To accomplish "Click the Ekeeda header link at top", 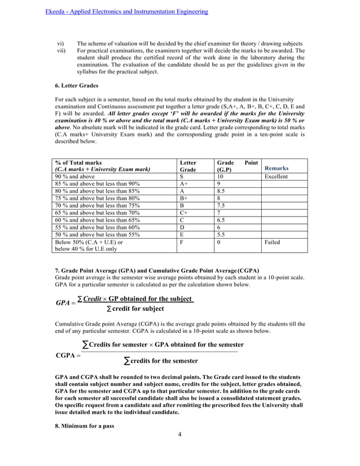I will tap(126, 11).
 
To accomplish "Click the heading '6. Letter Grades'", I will tap(77, 86).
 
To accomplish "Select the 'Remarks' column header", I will tap(276, 168).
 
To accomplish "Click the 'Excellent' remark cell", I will tap(276, 177).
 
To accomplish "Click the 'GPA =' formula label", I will tap(65, 303).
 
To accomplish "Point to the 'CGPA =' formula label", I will tap(68, 355).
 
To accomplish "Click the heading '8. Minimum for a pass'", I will tap(84, 426).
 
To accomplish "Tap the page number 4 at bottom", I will tap(179, 450).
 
